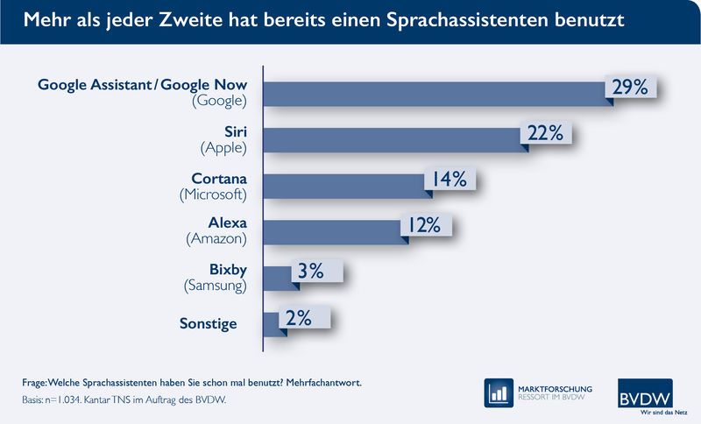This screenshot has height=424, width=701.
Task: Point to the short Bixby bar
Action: tap(277, 278)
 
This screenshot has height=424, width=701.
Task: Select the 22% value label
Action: tap(549, 133)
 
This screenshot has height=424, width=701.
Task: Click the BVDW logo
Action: tap(650, 392)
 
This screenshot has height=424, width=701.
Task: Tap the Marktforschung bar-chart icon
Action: tap(499, 393)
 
